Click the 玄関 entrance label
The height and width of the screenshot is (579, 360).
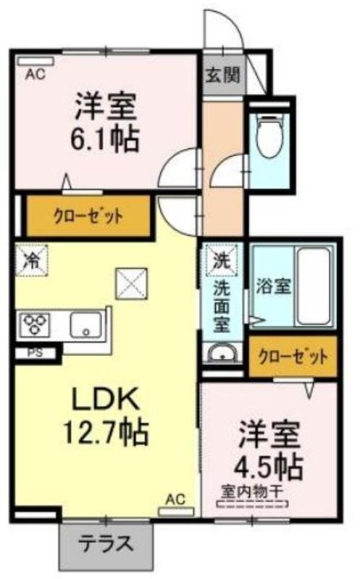click(223, 76)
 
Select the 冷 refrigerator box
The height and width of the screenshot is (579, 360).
click(31, 260)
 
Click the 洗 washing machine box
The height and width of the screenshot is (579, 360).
click(222, 260)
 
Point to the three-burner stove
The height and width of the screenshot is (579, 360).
click(36, 324)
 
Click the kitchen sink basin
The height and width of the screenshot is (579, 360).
click(85, 324)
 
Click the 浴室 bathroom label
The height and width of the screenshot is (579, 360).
click(274, 286)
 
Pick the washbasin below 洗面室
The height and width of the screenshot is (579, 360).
click(222, 354)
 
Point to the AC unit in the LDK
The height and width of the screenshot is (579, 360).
click(176, 512)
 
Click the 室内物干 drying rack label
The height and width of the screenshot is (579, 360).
click(253, 491)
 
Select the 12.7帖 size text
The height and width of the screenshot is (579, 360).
click(106, 431)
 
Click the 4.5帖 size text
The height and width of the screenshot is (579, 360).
click(269, 467)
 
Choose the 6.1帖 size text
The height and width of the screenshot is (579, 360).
click(105, 139)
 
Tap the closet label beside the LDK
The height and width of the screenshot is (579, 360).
click(88, 216)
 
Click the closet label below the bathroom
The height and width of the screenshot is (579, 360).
click(293, 357)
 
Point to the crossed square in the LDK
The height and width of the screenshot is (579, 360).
click(132, 283)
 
